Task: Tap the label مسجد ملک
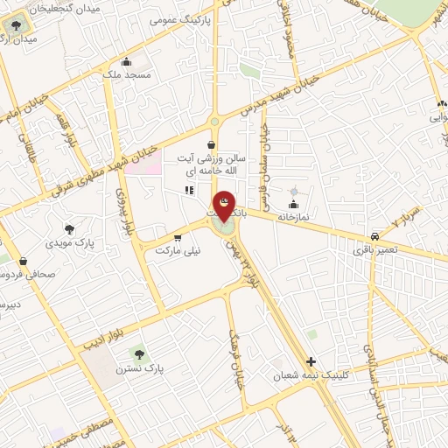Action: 127,75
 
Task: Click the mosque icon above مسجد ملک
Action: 127,61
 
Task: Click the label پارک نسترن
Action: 140,368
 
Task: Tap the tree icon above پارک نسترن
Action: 138,353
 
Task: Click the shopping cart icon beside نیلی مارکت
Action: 178,237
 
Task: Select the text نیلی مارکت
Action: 178,250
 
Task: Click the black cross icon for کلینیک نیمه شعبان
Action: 311,361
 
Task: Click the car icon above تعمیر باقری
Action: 374,236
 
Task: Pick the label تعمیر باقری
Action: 375,250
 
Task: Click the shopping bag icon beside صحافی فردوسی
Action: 23,261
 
